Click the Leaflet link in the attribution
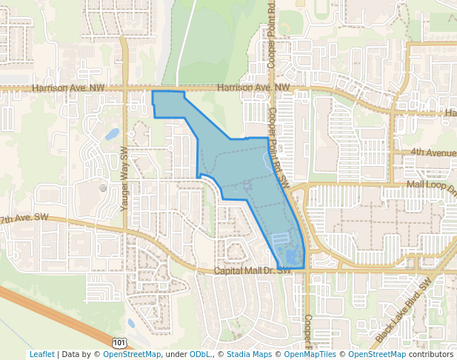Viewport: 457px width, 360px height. coord(41,354)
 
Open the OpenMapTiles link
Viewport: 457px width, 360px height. coord(310,354)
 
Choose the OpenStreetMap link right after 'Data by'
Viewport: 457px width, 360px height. coord(131,354)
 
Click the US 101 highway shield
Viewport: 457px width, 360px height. coord(119,341)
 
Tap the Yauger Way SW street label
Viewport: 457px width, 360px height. coord(124,178)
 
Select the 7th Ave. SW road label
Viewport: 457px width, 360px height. coord(24,220)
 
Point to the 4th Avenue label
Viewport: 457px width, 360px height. coord(433,153)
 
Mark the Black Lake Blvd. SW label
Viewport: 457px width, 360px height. coord(402,311)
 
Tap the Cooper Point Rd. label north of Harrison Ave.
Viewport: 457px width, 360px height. coord(272,35)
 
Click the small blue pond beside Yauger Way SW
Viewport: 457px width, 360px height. coord(112,134)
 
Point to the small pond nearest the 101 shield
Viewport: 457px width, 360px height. coord(131,323)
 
